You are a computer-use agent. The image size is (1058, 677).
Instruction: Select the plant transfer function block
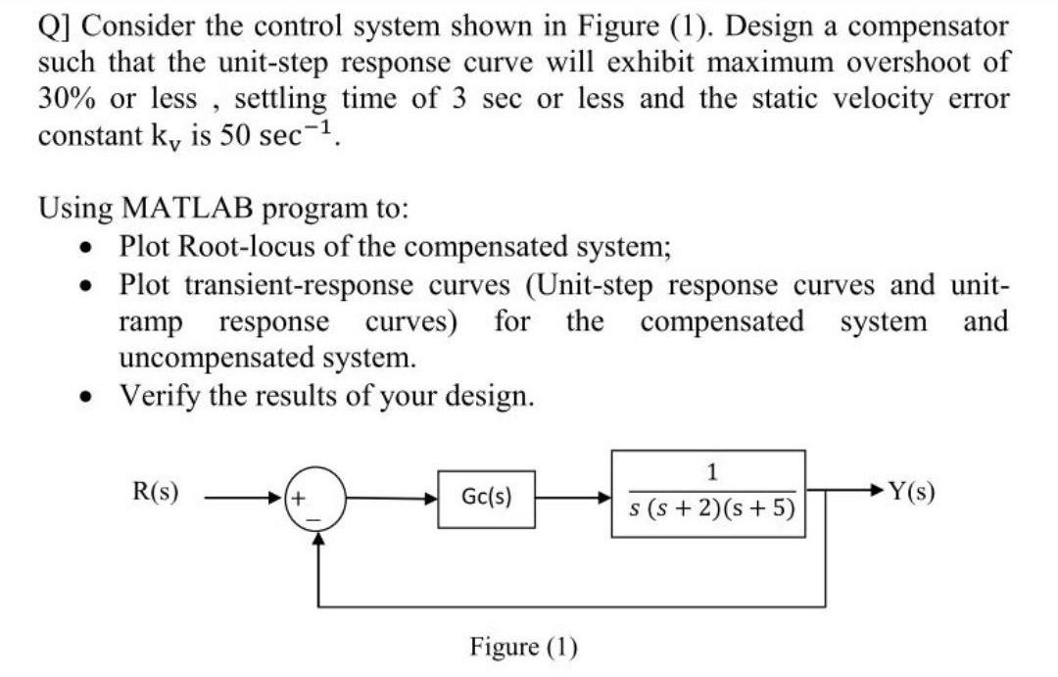pos(709,494)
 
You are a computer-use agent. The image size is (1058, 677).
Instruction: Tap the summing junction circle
pos(315,500)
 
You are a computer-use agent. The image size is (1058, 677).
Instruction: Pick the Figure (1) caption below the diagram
pos(524,647)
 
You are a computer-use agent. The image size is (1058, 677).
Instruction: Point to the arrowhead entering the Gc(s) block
pos(432,500)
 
